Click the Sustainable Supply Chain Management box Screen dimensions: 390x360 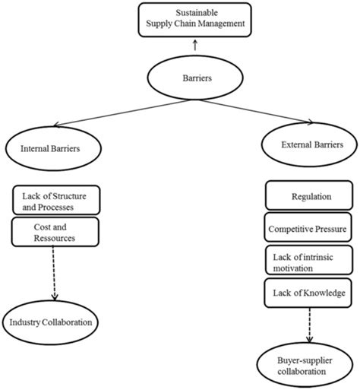tap(197, 18)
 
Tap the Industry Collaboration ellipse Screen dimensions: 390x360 tap(51, 322)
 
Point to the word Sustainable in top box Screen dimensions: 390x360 tap(196, 13)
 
